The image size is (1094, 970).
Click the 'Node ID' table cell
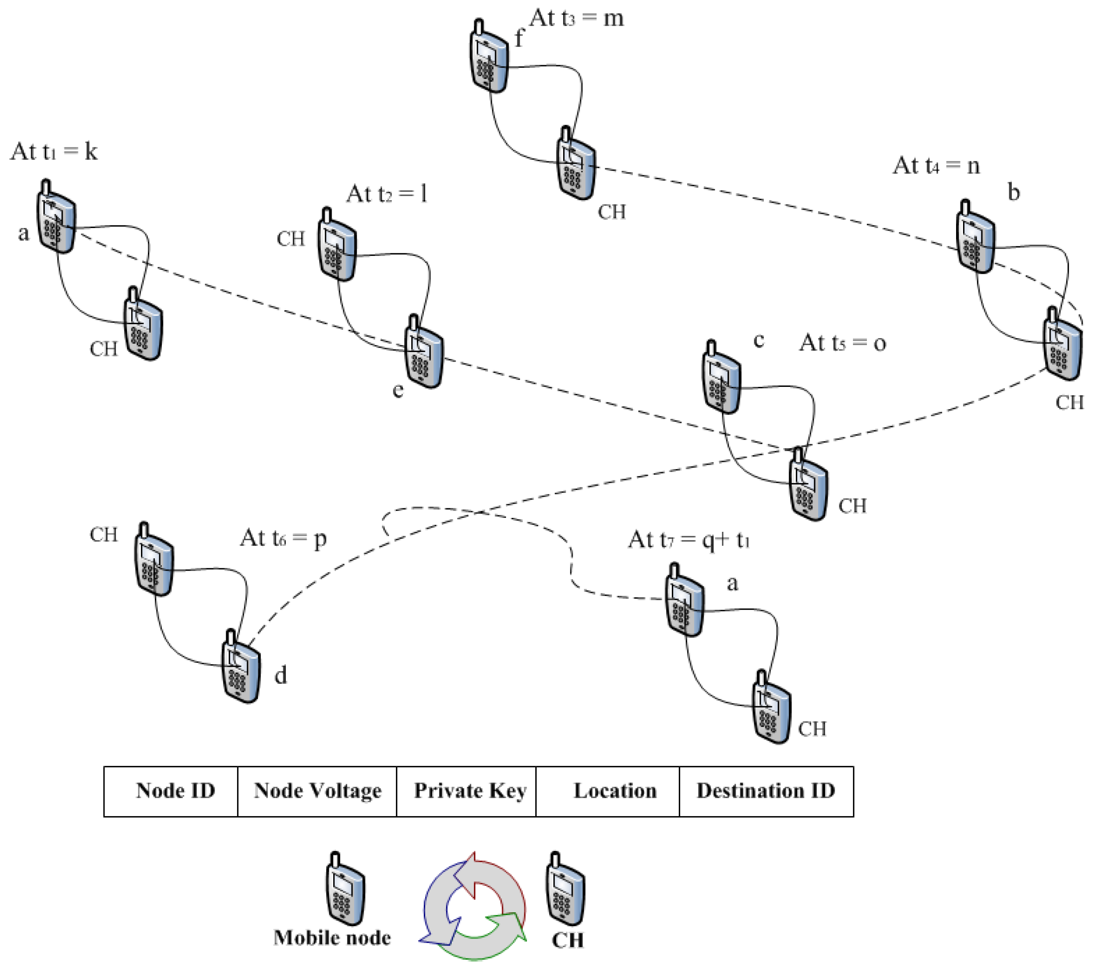tap(171, 792)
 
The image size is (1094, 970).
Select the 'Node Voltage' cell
tap(317, 792)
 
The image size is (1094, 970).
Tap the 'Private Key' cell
tap(466, 792)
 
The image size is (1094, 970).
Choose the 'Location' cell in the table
tap(608, 792)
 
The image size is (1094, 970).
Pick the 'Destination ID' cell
tap(766, 792)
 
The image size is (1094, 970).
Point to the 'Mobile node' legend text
tap(332, 938)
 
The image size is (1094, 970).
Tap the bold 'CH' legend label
tap(567, 940)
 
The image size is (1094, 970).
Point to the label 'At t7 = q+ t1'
tap(689, 540)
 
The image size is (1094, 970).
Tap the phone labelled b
tap(975, 237)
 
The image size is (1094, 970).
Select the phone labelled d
tap(242, 666)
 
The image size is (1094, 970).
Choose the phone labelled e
tap(424, 351)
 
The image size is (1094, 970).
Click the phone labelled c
tap(722, 376)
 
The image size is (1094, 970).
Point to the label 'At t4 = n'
tap(937, 165)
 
